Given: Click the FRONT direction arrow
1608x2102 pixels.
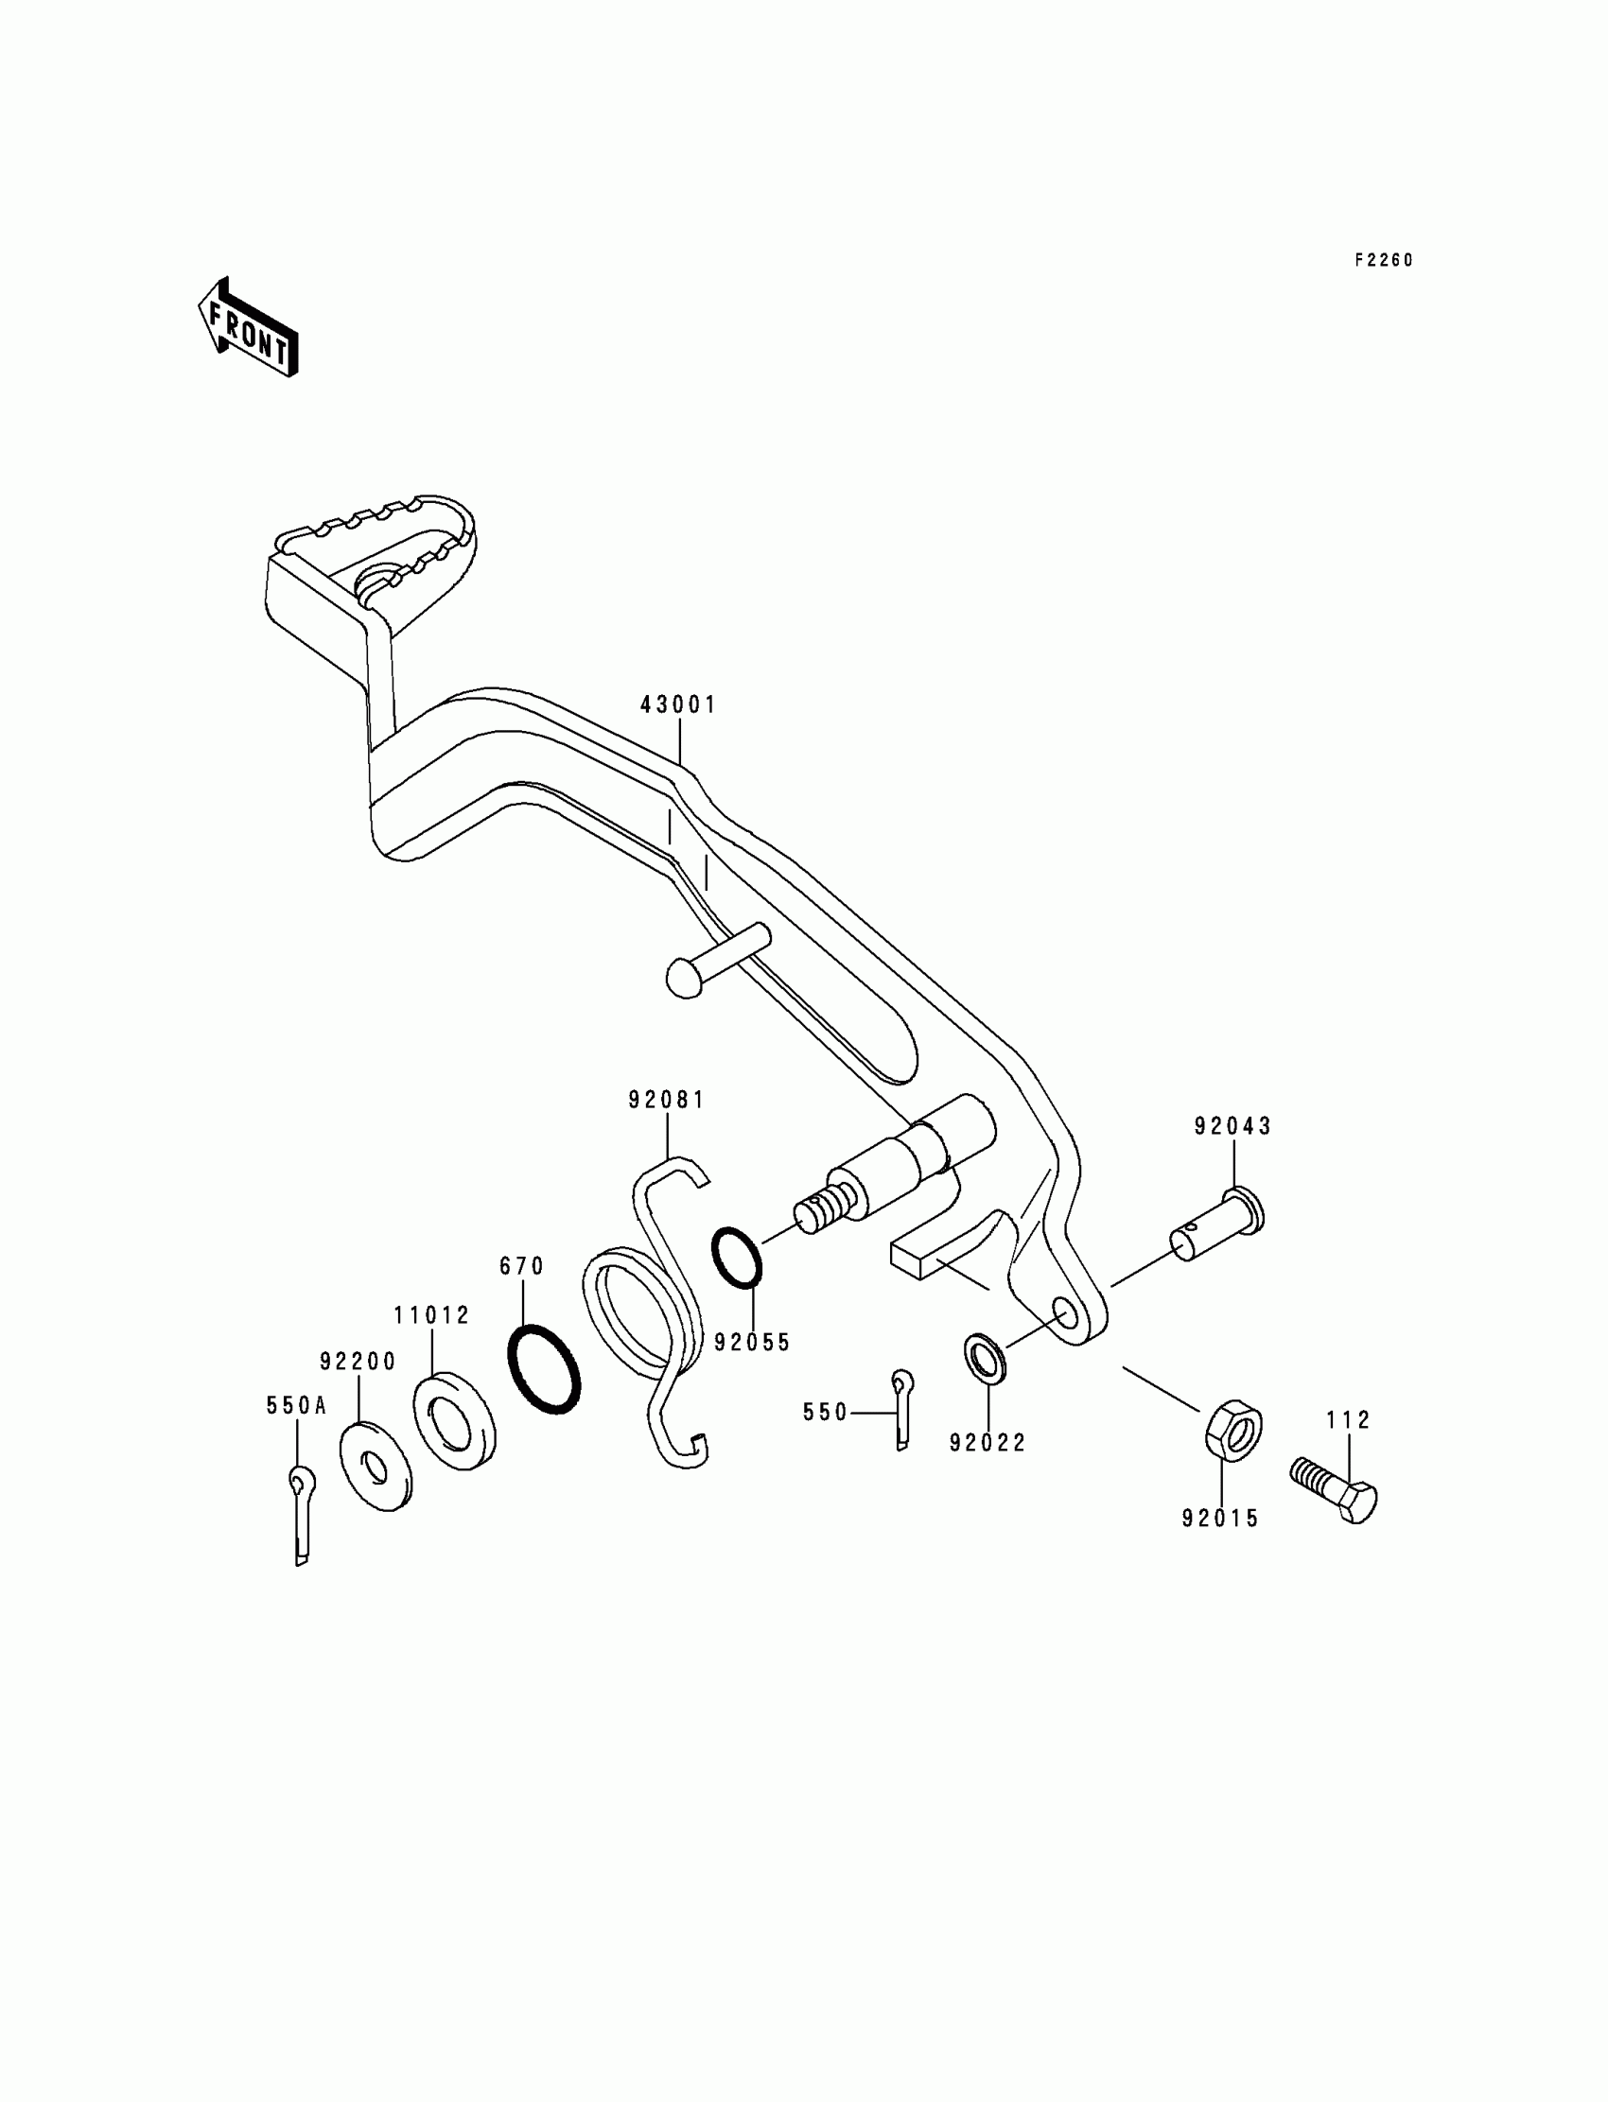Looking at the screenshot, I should [248, 327].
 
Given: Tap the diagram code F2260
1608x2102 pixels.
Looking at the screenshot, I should [1383, 260].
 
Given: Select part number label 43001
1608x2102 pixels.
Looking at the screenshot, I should [677, 705].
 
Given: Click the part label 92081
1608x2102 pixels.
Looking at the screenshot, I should [666, 1101].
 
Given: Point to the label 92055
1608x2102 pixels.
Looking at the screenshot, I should [752, 1343].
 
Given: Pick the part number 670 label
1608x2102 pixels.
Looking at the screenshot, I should [521, 1267].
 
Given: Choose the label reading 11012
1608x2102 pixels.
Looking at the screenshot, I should [431, 1315].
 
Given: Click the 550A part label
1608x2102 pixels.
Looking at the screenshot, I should [297, 1405].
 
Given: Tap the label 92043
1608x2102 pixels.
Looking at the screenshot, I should [1232, 1127].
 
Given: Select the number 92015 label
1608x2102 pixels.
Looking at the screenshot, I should [1220, 1519].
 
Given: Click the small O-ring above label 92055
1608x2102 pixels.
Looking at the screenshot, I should [737, 1257].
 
